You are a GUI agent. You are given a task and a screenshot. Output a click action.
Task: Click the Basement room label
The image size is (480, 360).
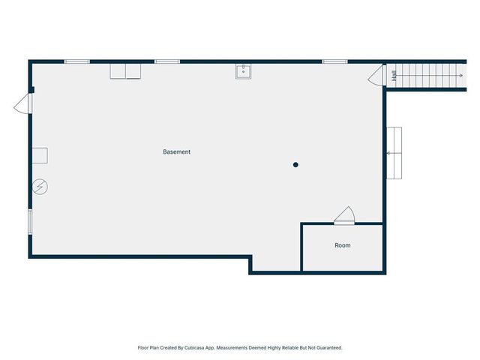point(177,152)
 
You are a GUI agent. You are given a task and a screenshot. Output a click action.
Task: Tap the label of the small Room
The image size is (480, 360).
point(342,246)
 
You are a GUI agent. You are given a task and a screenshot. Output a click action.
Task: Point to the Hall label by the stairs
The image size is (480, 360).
point(394,76)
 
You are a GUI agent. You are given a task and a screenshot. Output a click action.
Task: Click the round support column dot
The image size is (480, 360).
point(296,165)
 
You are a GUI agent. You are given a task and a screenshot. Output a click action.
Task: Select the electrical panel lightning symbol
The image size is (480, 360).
point(40,186)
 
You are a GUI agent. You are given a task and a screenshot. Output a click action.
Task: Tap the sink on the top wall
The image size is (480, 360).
point(243,71)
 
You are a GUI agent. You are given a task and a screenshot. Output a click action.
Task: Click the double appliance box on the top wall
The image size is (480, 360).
point(125,70)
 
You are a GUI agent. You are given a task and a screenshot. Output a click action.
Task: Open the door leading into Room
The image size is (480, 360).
point(345,216)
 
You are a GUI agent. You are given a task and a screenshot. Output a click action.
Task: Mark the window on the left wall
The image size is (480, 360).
point(30,222)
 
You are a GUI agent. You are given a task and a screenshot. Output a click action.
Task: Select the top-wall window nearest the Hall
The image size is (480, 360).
point(334,61)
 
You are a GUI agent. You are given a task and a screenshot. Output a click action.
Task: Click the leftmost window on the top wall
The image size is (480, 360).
point(76,61)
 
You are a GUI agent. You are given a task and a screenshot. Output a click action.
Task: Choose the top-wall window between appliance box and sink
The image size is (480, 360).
point(166,61)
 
